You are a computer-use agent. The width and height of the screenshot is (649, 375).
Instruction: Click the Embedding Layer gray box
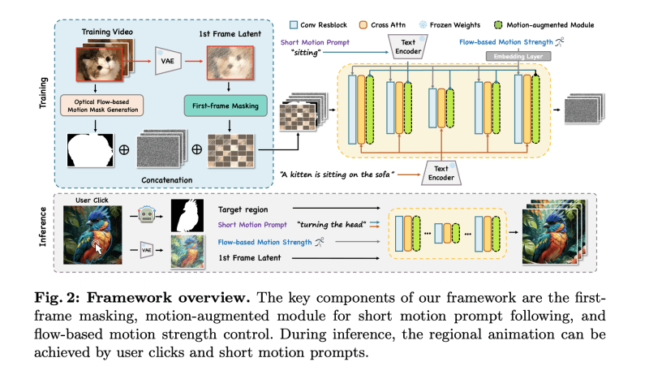coord(518,56)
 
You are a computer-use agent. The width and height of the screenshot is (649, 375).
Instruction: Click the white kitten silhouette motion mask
coord(90,152)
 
